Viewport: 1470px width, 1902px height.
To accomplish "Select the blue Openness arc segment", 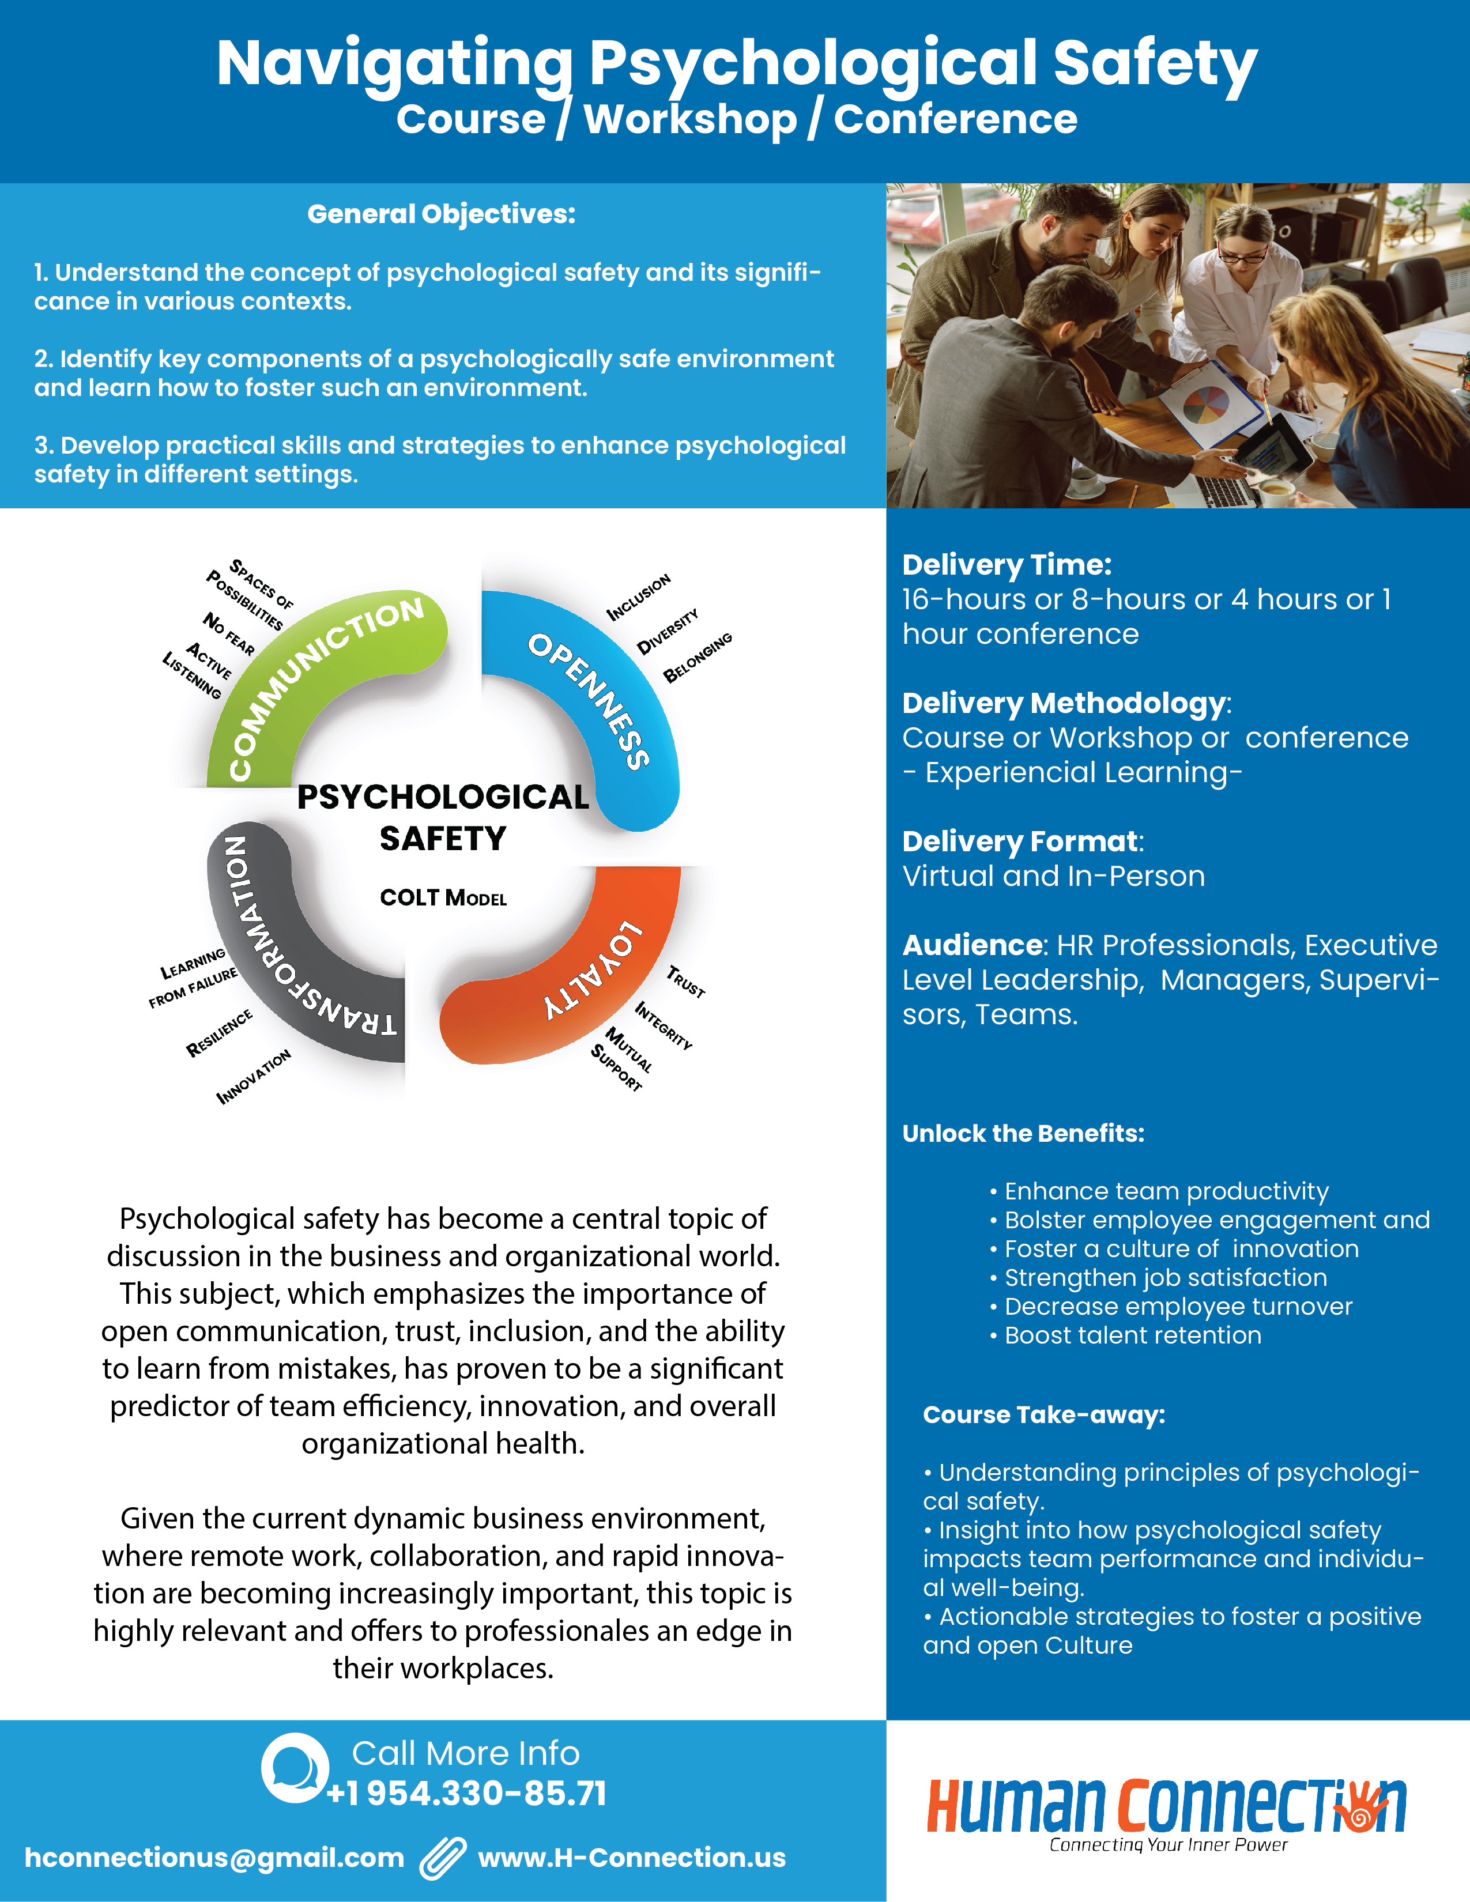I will [601, 697].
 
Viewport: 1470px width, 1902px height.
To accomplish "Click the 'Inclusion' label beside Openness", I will [638, 598].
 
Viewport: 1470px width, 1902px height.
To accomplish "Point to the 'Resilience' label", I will [220, 1033].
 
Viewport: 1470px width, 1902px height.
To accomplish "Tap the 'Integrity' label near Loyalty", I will [664, 1025].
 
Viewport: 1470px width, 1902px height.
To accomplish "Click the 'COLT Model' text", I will [443, 898].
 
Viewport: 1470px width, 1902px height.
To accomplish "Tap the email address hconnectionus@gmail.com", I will [214, 1858].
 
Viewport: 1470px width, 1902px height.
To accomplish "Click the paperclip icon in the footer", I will [442, 1858].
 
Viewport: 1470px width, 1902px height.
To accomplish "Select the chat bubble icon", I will [295, 1768].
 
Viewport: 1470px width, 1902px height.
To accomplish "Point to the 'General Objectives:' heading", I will [442, 214].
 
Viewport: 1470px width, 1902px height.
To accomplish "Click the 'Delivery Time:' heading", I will [1007, 564].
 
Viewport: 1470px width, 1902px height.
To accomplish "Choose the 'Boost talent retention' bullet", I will [1132, 1335].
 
